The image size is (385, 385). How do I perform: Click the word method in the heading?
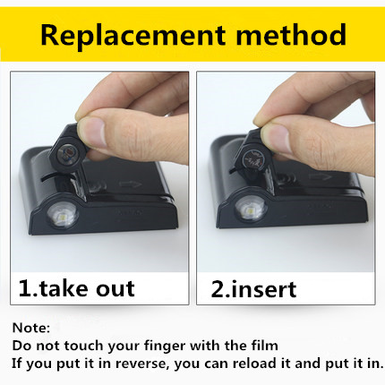pyautogui.click(x=291, y=34)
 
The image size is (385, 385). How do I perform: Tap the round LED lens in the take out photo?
pyautogui.click(x=63, y=215)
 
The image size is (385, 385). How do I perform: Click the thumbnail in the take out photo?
pyautogui.click(x=93, y=133)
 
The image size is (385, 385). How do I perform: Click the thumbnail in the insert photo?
pyautogui.click(x=276, y=138)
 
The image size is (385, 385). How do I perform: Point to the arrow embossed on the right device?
pyautogui.click(x=320, y=176)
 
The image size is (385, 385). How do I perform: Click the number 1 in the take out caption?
pyautogui.click(x=24, y=288)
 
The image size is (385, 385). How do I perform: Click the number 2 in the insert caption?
pyautogui.click(x=218, y=289)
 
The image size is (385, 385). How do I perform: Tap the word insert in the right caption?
pyautogui.click(x=264, y=289)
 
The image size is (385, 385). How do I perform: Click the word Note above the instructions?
pyautogui.click(x=30, y=328)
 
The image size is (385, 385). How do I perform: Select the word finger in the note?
pyautogui.click(x=166, y=346)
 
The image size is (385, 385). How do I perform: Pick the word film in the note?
pyautogui.click(x=265, y=346)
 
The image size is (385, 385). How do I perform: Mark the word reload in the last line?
pyautogui.click(x=254, y=364)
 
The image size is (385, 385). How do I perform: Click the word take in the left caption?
pyautogui.click(x=64, y=288)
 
